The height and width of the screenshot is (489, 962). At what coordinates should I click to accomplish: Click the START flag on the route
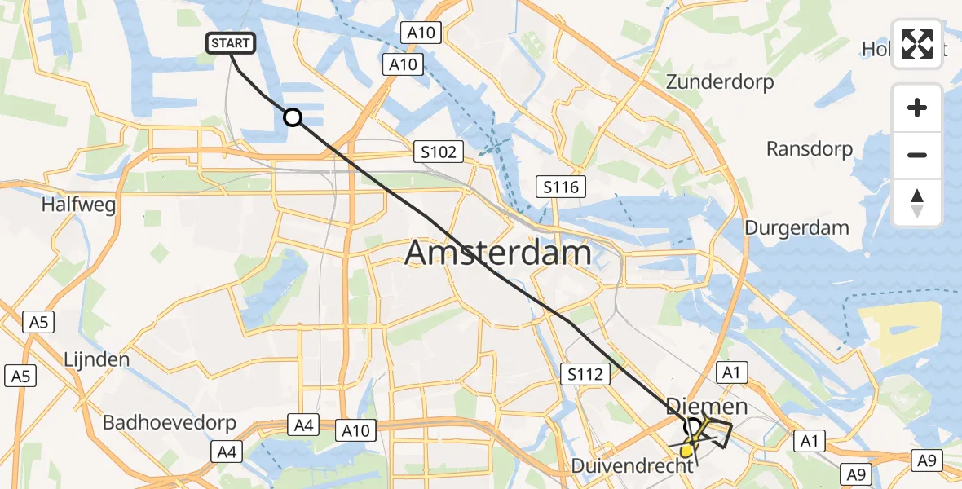(232, 43)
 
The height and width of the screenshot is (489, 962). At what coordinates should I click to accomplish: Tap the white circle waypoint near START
(293, 118)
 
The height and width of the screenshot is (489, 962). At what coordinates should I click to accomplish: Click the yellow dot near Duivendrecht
(686, 450)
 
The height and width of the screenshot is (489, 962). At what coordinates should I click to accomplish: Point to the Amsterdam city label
(497, 253)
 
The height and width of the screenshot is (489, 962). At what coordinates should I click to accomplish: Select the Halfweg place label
(78, 205)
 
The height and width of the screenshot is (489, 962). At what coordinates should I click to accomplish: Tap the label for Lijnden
(97, 359)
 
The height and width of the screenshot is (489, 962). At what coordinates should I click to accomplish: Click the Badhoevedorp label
(170, 423)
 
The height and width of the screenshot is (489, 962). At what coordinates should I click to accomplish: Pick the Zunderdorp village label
(720, 82)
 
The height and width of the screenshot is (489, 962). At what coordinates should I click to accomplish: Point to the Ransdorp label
(810, 149)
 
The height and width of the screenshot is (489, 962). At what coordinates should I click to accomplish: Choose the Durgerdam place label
(797, 227)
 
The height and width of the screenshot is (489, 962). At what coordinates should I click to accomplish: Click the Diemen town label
(706, 406)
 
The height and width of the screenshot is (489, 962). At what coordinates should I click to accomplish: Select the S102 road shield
(438, 151)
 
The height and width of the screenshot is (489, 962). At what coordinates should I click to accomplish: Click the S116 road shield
(561, 187)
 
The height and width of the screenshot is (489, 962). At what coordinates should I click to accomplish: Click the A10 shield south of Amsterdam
(355, 430)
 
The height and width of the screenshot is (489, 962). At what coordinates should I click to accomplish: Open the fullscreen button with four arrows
(917, 44)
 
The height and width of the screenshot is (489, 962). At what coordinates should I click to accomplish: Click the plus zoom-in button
(917, 108)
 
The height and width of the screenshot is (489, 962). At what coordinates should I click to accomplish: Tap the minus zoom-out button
(917, 156)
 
